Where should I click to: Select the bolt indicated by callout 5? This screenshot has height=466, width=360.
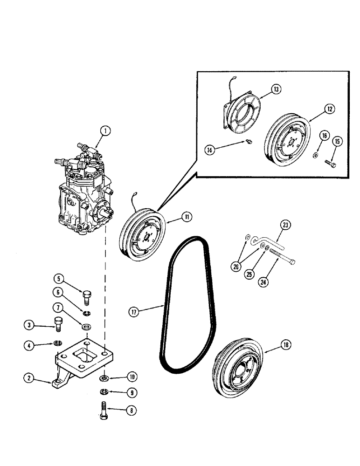(x=86, y=296)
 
